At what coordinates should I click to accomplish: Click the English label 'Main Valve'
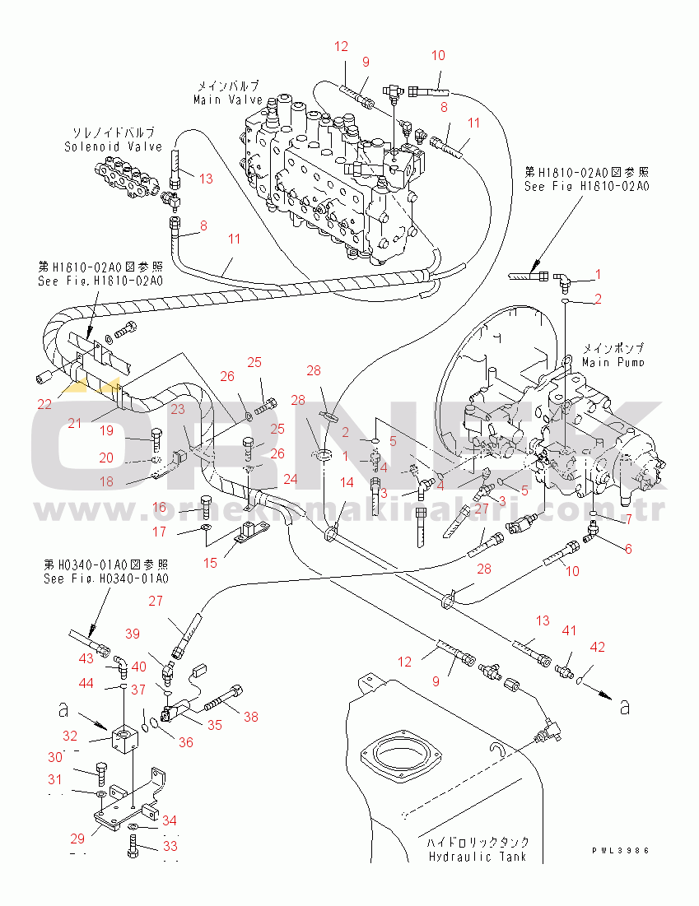point(228,100)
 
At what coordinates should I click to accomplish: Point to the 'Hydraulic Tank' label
point(477,857)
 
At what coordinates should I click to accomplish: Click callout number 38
point(249,716)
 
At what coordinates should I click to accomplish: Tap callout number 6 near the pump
point(628,549)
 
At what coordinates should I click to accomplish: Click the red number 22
point(44,403)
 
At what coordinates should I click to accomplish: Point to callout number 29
point(77,839)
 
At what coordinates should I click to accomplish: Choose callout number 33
point(170,845)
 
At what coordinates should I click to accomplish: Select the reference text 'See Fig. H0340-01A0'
point(105,578)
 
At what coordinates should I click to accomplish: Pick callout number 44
point(86,683)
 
